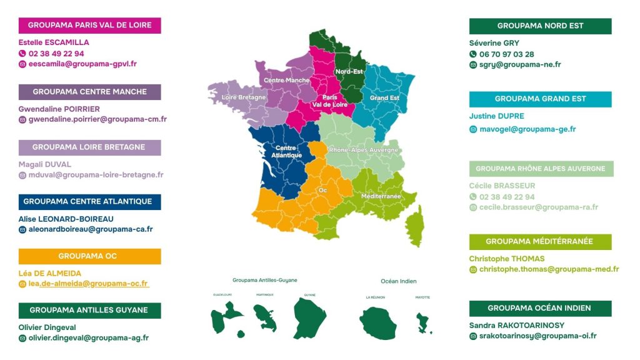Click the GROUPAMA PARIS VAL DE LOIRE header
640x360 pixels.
[x=89, y=26]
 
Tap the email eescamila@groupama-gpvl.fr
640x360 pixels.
[x=82, y=64]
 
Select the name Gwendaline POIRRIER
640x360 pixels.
[x=59, y=109]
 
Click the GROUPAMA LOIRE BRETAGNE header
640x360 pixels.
[x=89, y=147]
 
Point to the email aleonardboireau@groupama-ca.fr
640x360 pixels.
[x=91, y=229]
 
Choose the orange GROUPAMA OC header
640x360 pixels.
[x=89, y=256]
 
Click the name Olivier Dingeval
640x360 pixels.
[x=47, y=327]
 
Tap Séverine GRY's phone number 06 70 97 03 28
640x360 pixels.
[x=506, y=54]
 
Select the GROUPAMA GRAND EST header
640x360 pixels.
[x=540, y=99]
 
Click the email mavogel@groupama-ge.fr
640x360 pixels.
[x=527, y=129]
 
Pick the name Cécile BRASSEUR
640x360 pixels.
[x=502, y=186]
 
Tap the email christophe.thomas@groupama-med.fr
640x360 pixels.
[x=549, y=269]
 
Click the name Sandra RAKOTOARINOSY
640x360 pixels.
[x=516, y=325]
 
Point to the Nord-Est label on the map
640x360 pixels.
[x=349, y=71]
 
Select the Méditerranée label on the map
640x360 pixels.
[x=381, y=196]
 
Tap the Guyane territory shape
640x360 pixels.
[x=309, y=318]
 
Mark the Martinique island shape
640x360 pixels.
[x=265, y=317]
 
